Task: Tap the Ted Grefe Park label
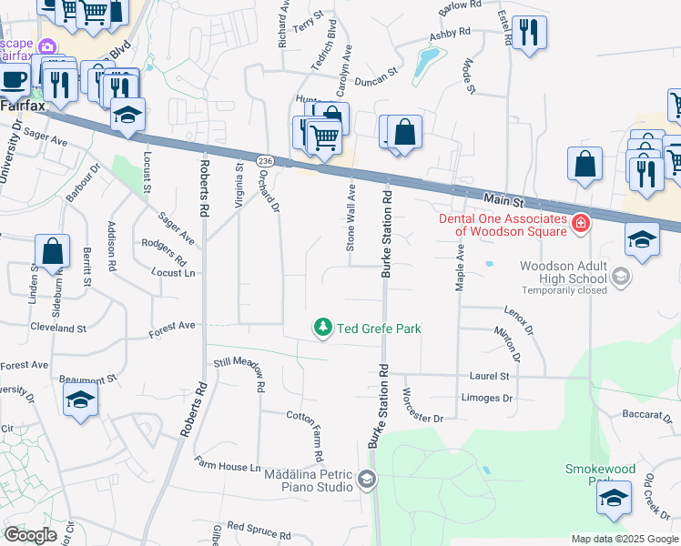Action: (380, 329)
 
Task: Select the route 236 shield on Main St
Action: (265, 160)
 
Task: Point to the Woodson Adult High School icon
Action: (621, 276)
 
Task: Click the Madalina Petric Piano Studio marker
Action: (366, 480)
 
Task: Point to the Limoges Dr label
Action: (487, 399)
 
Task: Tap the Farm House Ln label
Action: (227, 466)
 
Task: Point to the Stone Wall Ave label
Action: (350, 218)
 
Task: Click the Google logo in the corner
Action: (30, 535)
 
